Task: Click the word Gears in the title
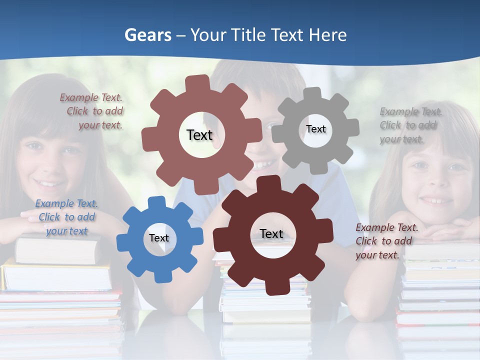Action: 148,35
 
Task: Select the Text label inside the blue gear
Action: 159,238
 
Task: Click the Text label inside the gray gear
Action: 315,129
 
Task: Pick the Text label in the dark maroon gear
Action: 271,233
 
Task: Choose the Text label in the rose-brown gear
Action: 199,135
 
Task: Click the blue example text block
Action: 66,217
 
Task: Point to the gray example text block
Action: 410,125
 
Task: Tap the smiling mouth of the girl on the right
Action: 435,200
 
